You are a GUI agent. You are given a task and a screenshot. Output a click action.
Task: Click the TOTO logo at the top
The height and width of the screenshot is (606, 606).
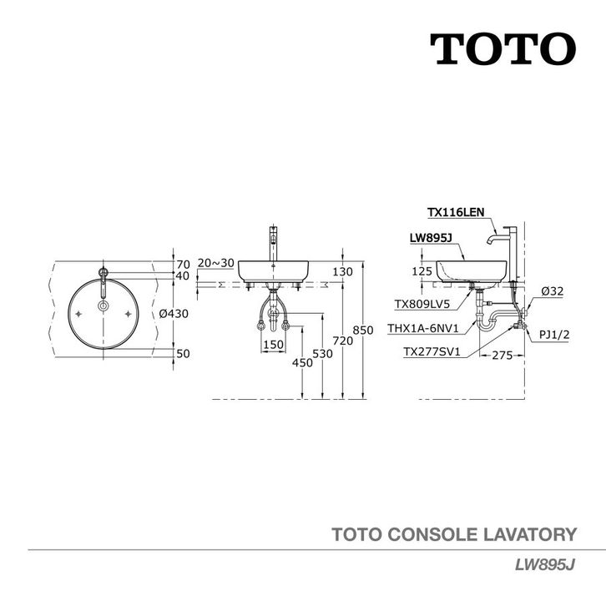[x=502, y=48]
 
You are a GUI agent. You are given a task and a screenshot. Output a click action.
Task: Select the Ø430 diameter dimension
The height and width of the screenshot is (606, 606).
[x=174, y=314]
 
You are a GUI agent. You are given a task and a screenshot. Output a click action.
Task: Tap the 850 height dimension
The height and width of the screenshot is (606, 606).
[x=363, y=330]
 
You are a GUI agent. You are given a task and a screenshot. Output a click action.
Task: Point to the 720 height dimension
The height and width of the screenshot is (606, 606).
[x=343, y=341]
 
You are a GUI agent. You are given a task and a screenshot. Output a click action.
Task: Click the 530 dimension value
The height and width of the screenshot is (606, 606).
[x=322, y=354]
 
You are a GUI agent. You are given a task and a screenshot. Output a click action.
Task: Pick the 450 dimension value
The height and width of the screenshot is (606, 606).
[x=302, y=362]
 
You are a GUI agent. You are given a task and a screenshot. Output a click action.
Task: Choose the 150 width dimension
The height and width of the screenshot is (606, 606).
[x=273, y=345]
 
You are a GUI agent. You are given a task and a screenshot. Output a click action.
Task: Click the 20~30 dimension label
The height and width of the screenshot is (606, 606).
[x=215, y=263]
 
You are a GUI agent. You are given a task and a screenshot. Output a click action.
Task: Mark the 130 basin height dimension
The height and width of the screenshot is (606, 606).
[x=342, y=271]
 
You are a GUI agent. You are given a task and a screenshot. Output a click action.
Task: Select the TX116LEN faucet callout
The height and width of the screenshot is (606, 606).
[x=456, y=212]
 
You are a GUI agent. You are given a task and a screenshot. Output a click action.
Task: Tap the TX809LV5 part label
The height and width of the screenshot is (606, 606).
[x=422, y=304]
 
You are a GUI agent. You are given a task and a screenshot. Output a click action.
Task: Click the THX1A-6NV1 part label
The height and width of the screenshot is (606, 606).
[x=423, y=329]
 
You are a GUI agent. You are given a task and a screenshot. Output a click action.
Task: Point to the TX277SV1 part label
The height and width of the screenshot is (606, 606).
[x=432, y=351]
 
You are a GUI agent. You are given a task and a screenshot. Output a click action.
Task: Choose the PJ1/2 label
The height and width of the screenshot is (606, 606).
[x=554, y=335]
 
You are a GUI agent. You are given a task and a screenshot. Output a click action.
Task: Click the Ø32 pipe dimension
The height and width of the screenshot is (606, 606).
[x=553, y=291]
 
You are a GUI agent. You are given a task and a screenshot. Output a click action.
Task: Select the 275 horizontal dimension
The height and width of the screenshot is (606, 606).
[x=502, y=355]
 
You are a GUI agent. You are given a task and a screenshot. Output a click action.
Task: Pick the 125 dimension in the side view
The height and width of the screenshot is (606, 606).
[x=422, y=271]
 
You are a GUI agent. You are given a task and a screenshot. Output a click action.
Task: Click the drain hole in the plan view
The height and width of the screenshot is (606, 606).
[x=104, y=306]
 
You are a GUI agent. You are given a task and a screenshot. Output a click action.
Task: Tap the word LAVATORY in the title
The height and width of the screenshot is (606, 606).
[x=530, y=534]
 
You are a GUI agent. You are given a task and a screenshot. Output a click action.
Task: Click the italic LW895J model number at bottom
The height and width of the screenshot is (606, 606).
[x=545, y=565]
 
